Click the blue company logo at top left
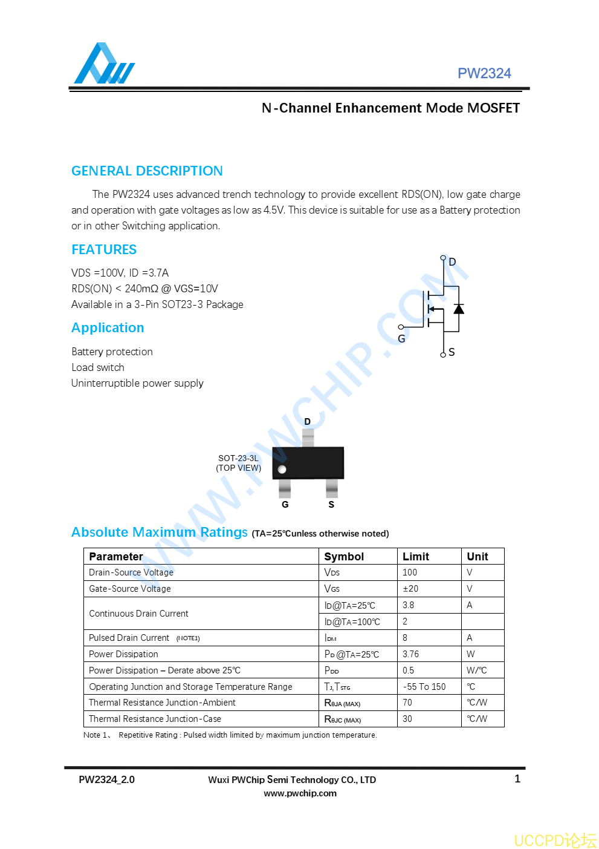click(103, 64)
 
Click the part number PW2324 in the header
click(484, 73)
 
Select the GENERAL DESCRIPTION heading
click(147, 171)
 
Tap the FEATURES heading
click(104, 250)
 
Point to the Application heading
click(108, 328)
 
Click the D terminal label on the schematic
click(452, 262)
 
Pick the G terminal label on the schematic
click(401, 339)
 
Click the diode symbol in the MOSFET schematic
click(459, 309)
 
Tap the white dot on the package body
click(282, 469)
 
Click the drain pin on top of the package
click(308, 438)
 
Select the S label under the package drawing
click(331, 505)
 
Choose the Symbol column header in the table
click(344, 557)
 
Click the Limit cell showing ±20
click(410, 589)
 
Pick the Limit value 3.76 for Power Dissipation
click(410, 654)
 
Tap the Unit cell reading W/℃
click(476, 670)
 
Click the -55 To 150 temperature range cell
click(424, 687)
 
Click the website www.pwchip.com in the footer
click(300, 793)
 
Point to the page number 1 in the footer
click(517, 779)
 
